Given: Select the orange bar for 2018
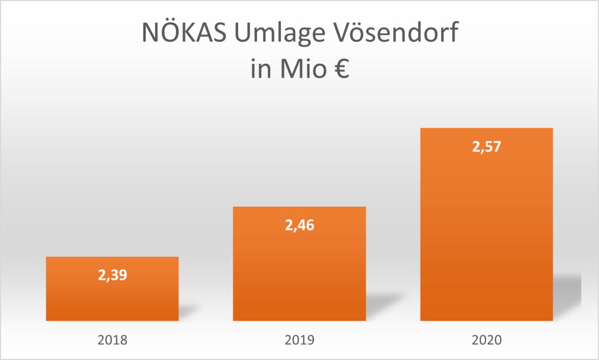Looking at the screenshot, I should point(112,299).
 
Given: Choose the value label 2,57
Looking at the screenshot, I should point(487,146).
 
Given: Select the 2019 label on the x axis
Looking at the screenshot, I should point(300,339).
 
